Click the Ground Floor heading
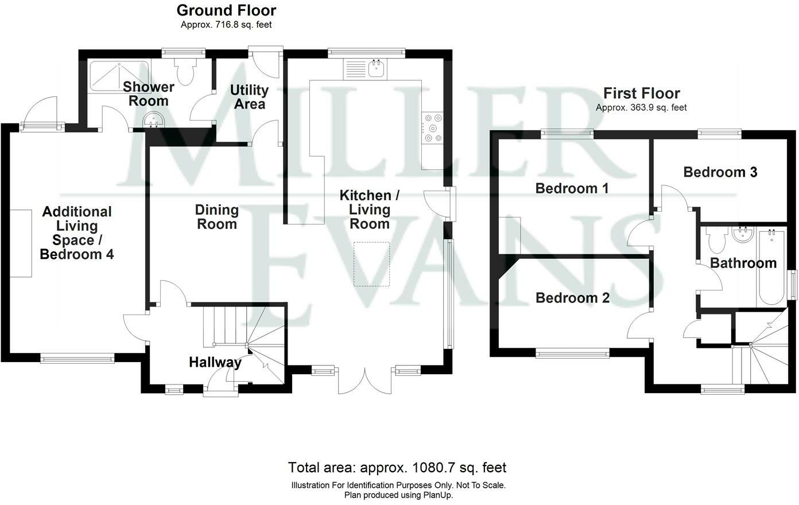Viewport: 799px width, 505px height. (226, 11)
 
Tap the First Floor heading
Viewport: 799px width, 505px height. (641, 94)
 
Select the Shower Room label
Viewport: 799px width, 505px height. (149, 94)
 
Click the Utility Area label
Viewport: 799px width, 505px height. (249, 97)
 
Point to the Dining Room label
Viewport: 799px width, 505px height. (217, 217)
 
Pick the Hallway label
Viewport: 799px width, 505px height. (215, 362)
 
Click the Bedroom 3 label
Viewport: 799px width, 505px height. (720, 172)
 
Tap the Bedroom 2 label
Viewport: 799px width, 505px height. (572, 298)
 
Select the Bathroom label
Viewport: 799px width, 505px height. (743, 263)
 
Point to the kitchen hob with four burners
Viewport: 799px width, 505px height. (433, 128)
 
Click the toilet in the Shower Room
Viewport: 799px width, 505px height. (185, 71)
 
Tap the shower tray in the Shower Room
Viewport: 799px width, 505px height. (119, 76)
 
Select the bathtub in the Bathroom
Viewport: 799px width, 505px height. (771, 267)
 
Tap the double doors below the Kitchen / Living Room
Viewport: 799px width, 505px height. (365, 380)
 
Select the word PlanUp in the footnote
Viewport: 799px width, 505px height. (438, 495)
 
